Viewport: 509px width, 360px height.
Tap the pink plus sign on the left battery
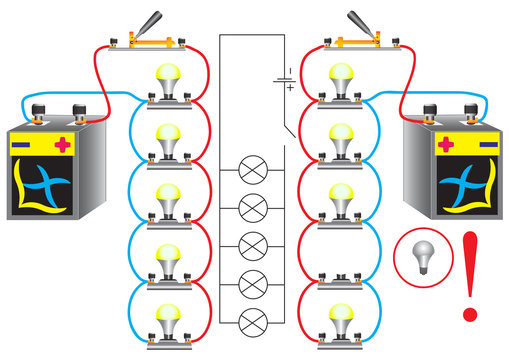pyautogui.click(x=63, y=146)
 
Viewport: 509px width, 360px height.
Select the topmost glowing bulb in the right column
pyautogui.click(x=340, y=78)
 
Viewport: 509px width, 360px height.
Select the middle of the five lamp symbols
pyautogui.click(x=254, y=245)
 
